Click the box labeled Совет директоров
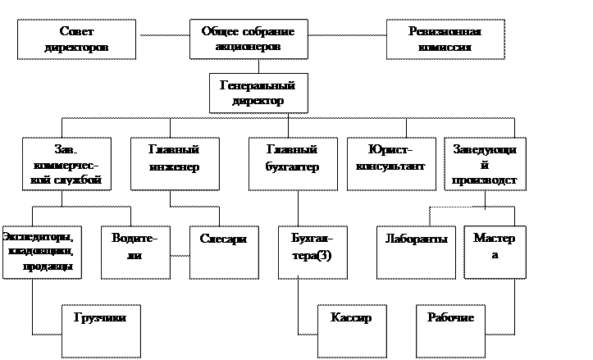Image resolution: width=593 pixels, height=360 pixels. (x=76, y=39)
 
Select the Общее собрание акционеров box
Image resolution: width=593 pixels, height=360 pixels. (x=247, y=39)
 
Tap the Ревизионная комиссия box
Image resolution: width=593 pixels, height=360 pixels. (x=444, y=39)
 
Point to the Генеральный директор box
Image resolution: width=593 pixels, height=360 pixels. (x=258, y=93)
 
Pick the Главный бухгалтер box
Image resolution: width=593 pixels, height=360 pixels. (x=293, y=164)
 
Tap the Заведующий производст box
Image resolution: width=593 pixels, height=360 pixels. (x=485, y=164)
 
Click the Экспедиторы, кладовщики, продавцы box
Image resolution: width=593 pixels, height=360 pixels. (x=41, y=250)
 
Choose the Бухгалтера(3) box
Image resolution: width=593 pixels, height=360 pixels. (x=312, y=250)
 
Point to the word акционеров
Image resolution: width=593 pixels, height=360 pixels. (x=248, y=47)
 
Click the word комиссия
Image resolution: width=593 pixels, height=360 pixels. (x=444, y=47)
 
